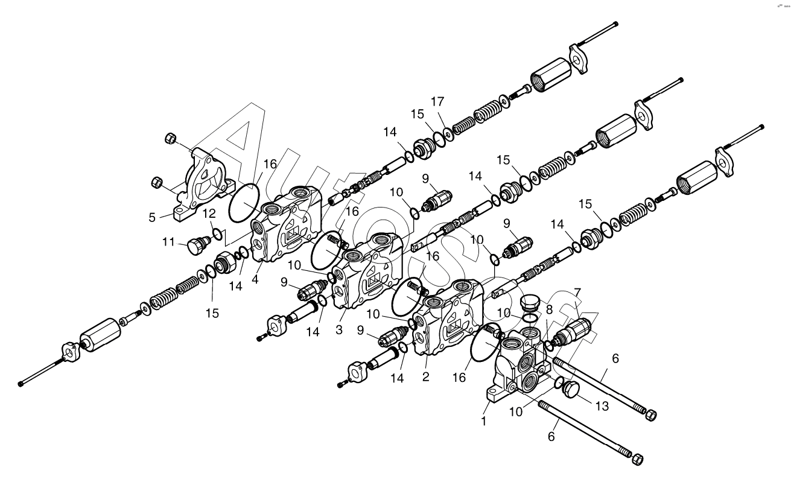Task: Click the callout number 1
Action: click(483, 421)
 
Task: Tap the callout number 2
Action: click(426, 377)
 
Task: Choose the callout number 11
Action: click(168, 243)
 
